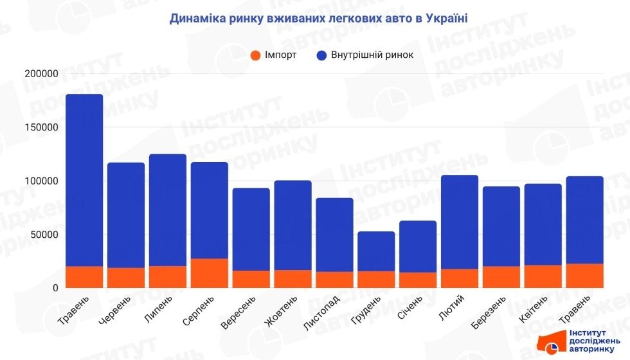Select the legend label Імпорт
(280, 55)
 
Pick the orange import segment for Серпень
(210, 273)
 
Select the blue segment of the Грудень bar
(376, 251)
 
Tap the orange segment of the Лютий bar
(460, 278)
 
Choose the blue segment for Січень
(418, 247)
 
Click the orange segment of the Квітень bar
(543, 276)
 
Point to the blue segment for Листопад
(334, 235)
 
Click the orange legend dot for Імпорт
(256, 55)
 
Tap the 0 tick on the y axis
(55, 288)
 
